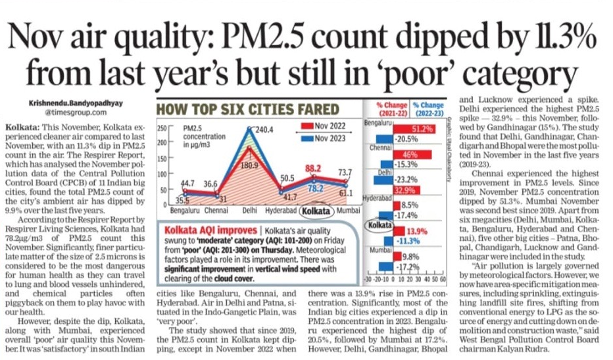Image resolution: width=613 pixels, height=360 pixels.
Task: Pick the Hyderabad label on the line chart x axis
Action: pyautogui.click(x=279, y=213)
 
